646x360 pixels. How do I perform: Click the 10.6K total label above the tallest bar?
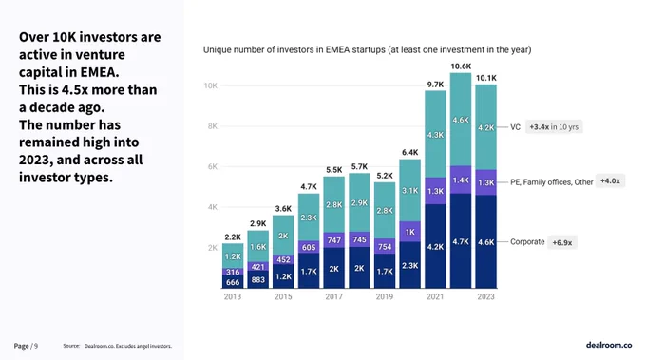tap(461, 66)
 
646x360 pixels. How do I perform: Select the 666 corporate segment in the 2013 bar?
tap(233, 282)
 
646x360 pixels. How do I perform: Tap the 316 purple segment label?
tap(233, 272)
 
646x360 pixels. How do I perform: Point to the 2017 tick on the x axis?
tap(333, 296)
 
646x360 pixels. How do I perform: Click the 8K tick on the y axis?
tap(212, 126)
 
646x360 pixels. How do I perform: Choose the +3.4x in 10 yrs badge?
tap(554, 127)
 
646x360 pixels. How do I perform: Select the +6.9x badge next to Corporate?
tap(562, 242)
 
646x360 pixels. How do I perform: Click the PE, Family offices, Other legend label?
tap(552, 182)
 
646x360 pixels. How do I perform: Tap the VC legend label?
tap(515, 127)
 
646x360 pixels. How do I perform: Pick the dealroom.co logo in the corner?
tap(609, 345)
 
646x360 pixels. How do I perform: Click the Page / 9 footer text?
tap(26, 346)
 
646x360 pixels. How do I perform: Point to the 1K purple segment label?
tap(410, 232)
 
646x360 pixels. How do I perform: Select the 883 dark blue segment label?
tap(257, 279)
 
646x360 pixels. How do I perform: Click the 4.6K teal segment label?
tap(461, 120)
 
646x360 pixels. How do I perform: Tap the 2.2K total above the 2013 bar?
tap(233, 237)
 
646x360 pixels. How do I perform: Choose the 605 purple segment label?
tap(309, 247)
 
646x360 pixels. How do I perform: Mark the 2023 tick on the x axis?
tap(485, 296)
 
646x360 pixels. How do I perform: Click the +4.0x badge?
tap(610, 180)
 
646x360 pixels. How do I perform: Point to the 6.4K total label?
tap(410, 152)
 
